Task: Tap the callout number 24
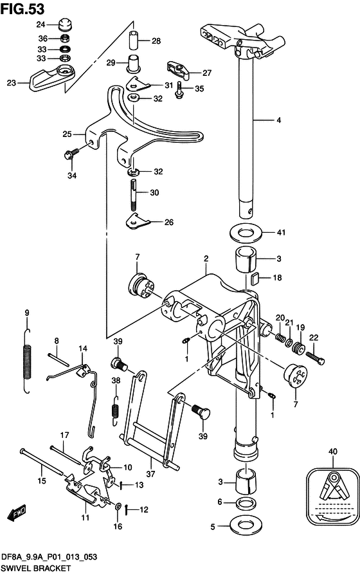40,24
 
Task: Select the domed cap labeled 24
66,24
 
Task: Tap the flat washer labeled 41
246,232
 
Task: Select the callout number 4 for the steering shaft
278,120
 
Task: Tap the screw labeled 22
314,358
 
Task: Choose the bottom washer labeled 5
246,526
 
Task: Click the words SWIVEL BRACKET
35,568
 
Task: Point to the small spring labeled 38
116,410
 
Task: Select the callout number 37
150,474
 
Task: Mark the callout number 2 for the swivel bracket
206,259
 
